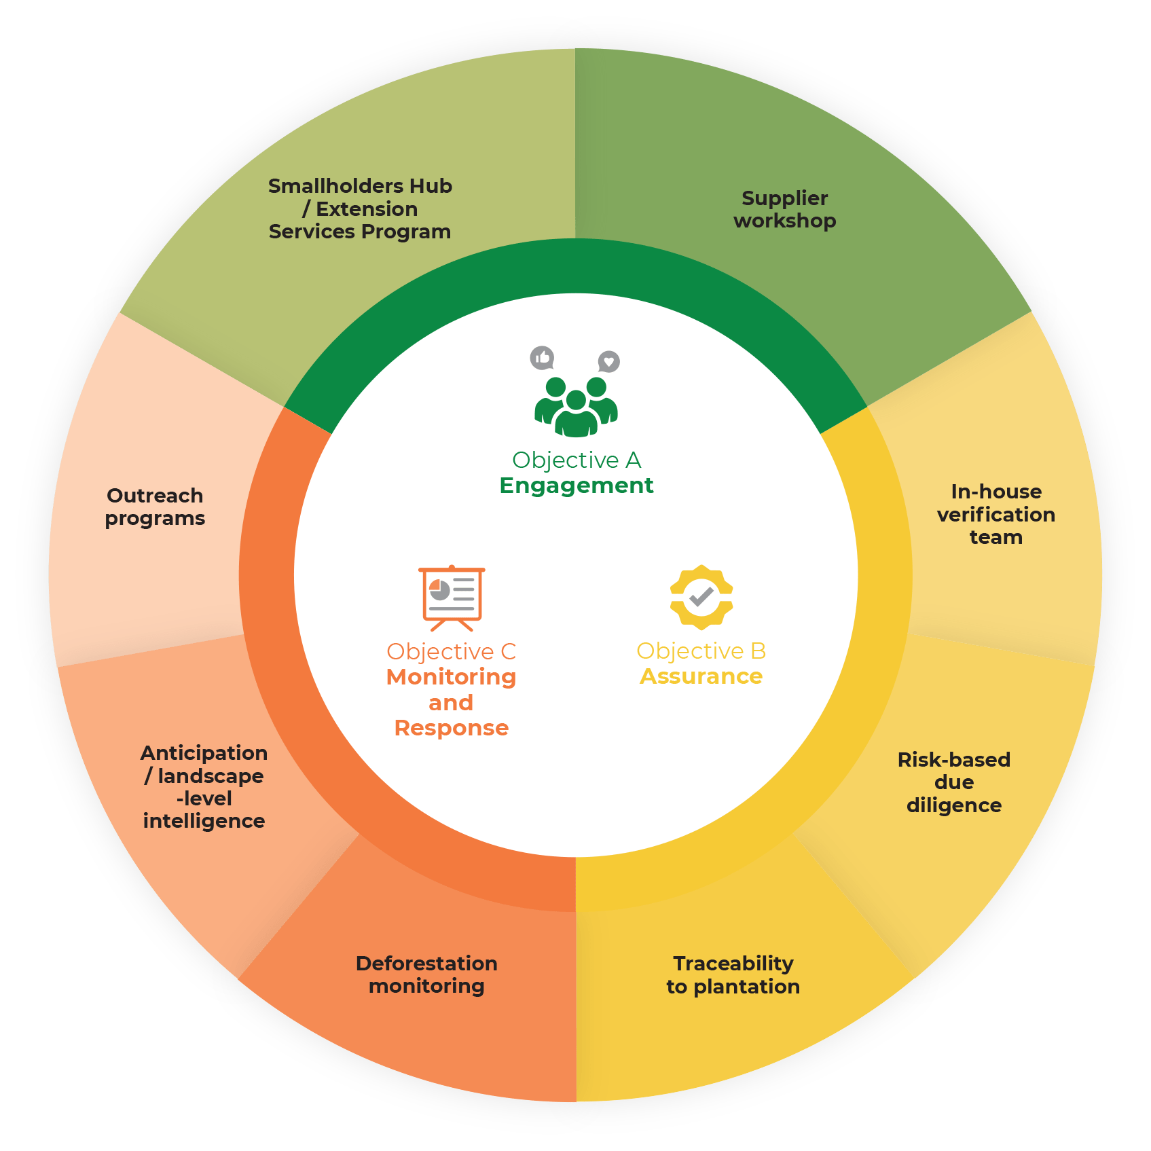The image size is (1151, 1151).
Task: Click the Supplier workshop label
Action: [784, 209]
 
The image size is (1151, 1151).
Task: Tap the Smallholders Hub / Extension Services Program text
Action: [360, 208]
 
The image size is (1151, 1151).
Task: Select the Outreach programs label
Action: [155, 507]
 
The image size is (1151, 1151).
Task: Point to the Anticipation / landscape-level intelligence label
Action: [204, 786]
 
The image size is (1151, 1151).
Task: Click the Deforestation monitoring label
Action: [426, 974]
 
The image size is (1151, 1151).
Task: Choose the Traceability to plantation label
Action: [733, 974]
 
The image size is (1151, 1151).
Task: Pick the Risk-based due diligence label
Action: [953, 782]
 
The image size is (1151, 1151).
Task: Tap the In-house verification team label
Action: [995, 514]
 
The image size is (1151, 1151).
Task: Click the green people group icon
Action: [576, 406]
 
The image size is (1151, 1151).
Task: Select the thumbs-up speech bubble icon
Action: [542, 358]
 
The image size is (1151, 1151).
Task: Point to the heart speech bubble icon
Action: [608, 361]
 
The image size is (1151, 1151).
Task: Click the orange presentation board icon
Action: [452, 596]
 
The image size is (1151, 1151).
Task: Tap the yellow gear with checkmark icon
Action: [701, 597]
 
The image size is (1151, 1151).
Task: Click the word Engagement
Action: [576, 486]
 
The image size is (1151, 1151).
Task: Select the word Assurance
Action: [701, 676]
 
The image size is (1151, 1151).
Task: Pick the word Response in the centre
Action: [451, 728]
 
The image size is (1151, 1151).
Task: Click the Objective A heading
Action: [576, 460]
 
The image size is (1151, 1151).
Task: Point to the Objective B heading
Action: [701, 651]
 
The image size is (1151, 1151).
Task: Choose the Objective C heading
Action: [451, 652]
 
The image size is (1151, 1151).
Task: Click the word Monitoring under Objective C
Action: [451, 677]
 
